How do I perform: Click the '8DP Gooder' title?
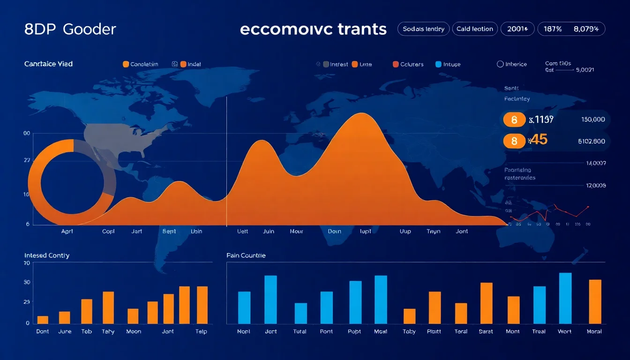point(70,29)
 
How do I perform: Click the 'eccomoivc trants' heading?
point(313,29)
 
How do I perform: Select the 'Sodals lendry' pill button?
point(424,29)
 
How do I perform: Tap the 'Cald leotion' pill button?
point(475,29)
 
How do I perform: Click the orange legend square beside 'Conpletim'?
point(126,64)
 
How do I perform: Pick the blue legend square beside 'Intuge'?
point(438,64)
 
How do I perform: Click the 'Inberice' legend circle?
point(500,64)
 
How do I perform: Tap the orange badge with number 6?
point(514,120)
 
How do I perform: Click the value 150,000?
point(593,120)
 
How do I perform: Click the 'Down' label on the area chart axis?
point(335,232)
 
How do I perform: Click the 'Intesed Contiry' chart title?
point(47,255)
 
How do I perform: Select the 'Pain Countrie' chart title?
point(246,255)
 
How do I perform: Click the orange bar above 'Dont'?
point(43,320)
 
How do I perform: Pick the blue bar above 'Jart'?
point(270,300)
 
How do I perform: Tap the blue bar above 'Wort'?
point(565,298)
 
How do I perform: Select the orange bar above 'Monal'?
point(595,301)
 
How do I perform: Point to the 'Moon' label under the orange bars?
point(134,331)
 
